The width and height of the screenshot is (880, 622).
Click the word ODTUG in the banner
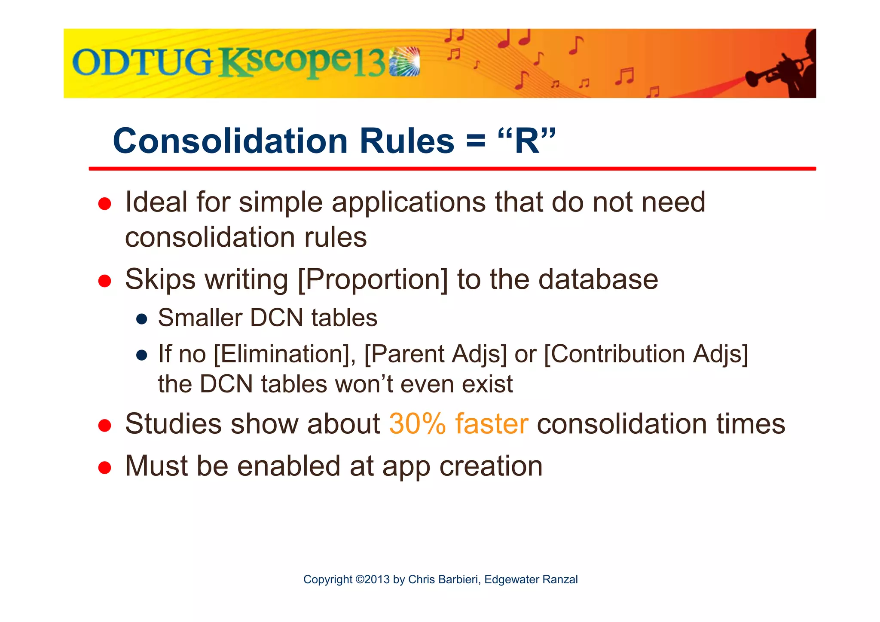142,62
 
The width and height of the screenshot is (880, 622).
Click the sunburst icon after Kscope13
404,62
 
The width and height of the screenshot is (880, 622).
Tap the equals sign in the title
475,142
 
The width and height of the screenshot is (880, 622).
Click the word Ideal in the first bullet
156,202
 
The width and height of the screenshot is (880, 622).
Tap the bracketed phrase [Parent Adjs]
435,354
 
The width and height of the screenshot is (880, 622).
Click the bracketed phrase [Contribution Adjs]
646,354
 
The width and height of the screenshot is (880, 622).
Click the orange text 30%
417,424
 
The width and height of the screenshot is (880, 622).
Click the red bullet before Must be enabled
105,467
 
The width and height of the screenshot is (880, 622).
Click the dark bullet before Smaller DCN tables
142,319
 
